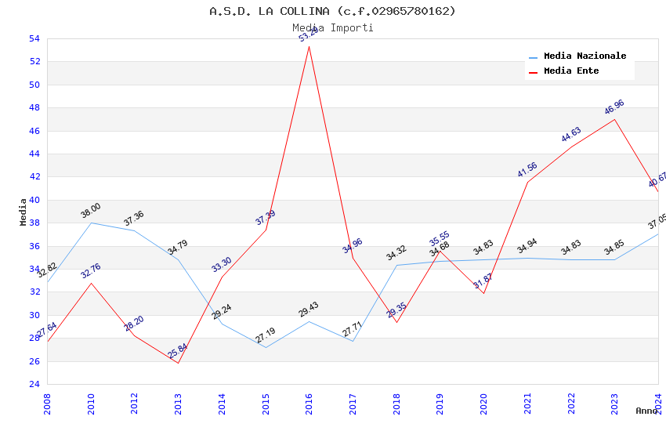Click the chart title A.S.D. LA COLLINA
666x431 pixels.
click(x=332, y=11)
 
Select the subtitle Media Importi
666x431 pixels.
click(x=332, y=27)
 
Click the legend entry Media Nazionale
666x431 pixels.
click(x=585, y=56)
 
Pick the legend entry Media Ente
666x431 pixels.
click(x=571, y=71)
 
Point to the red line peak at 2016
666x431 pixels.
click(x=309, y=46)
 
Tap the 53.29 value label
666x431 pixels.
click(x=309, y=34)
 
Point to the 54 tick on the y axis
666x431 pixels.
click(x=34, y=38)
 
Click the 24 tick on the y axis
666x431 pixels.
click(x=34, y=384)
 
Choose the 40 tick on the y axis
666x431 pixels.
click(x=34, y=200)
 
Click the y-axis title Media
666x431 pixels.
click(x=24, y=212)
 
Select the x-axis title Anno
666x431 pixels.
click(x=646, y=411)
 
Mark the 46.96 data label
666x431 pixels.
click(x=614, y=107)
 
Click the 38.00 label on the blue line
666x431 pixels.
click(x=91, y=211)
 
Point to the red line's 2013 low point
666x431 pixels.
click(x=179, y=363)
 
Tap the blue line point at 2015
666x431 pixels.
click(x=266, y=347)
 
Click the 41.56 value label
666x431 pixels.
click(x=527, y=169)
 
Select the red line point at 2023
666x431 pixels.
click(x=614, y=119)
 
